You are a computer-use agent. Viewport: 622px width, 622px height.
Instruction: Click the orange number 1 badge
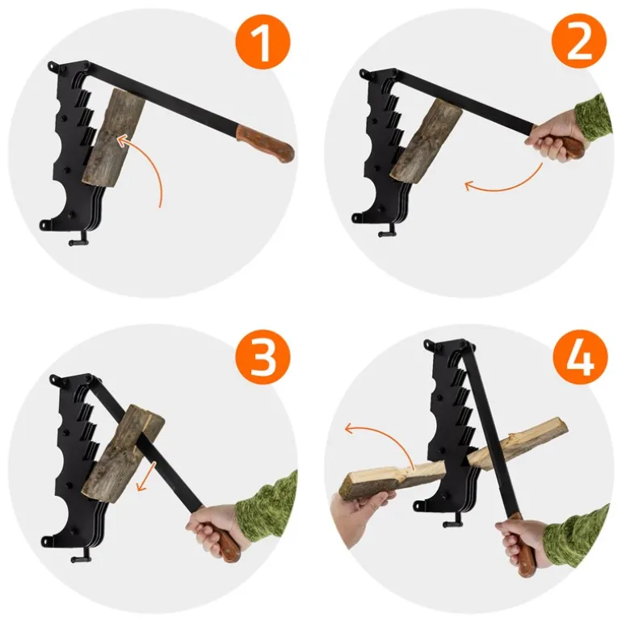[263, 43]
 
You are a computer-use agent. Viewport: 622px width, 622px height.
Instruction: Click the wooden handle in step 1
[266, 143]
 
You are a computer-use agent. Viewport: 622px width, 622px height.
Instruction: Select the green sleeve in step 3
[267, 506]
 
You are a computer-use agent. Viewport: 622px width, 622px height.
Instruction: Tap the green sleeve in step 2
[591, 118]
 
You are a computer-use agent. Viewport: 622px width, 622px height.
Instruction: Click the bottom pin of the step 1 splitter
[78, 241]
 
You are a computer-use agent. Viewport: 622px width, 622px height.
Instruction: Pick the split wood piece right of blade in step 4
[518, 439]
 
